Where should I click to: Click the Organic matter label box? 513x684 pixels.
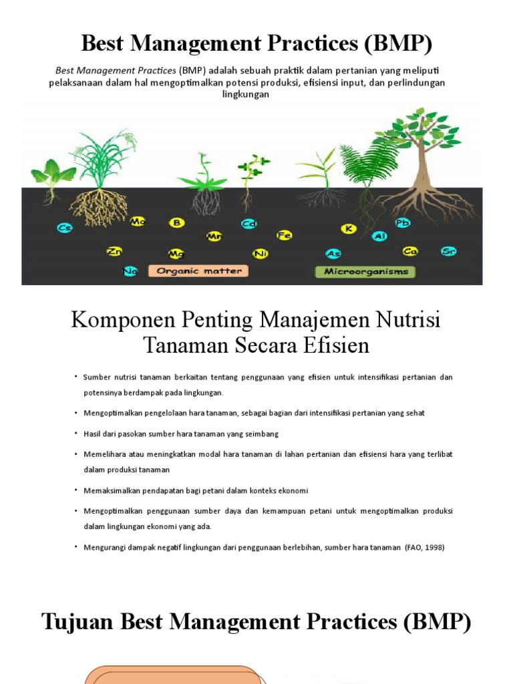tap(198, 271)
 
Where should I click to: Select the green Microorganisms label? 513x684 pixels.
tap(365, 271)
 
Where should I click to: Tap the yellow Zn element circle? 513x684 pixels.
tap(114, 251)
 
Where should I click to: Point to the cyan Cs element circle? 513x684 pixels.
tap(65, 228)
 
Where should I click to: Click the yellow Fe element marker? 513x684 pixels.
tap(285, 235)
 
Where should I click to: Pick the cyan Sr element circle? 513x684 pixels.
tap(449, 251)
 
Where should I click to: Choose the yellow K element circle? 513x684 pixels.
tap(348, 228)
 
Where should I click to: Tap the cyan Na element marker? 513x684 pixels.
tap(130, 271)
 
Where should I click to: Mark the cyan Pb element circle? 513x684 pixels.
tap(403, 222)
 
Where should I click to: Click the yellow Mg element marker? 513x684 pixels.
tap(176, 253)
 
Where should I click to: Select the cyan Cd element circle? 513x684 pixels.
tap(249, 224)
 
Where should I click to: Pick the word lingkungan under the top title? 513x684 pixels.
tap(245, 94)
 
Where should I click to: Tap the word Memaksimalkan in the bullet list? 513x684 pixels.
tap(112, 491)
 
